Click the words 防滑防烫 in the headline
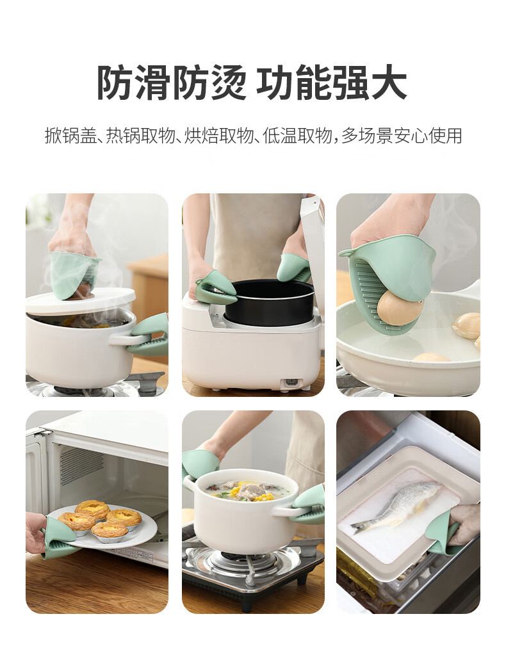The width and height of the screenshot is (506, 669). coord(171,83)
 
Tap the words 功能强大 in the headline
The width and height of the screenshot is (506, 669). coord(331,83)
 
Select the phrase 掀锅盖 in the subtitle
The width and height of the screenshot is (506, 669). coord(70,136)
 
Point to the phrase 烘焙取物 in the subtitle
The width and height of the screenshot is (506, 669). coord(219,136)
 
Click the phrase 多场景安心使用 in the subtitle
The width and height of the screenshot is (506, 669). coord(402,136)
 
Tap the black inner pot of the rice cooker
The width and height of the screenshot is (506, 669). coord(270,302)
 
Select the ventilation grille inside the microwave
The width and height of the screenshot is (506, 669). coord(81,465)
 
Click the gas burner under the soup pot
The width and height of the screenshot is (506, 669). coord(244,561)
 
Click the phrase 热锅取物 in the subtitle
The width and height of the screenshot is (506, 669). coord(140,136)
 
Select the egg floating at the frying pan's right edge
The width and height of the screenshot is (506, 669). coord(467,325)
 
